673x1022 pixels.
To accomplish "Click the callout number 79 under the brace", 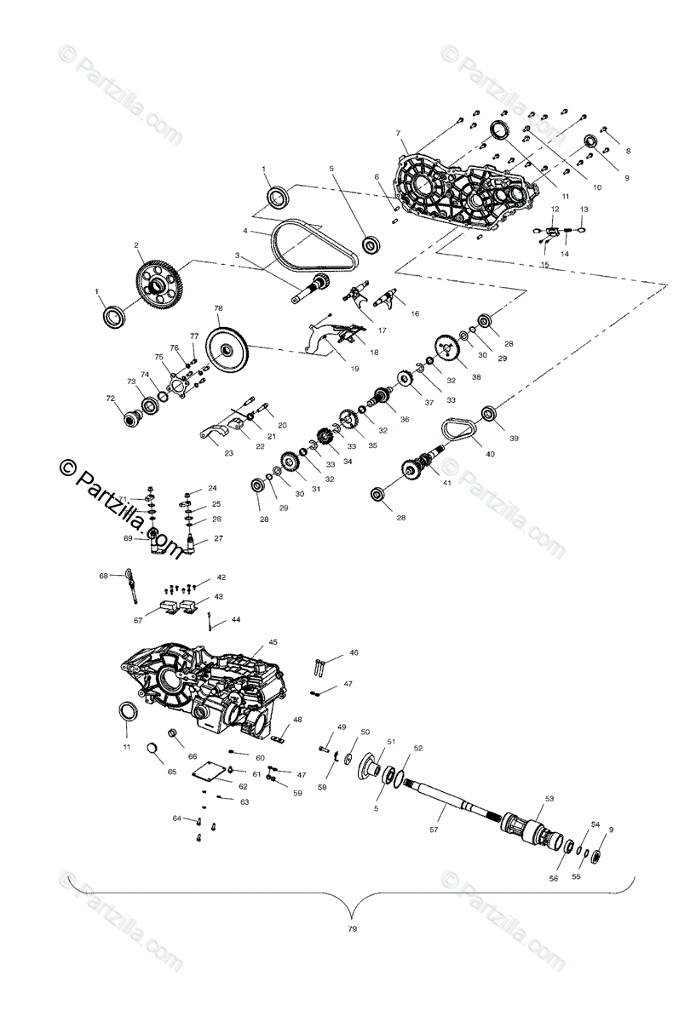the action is tap(352, 928).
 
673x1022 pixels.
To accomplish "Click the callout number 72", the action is tap(109, 398).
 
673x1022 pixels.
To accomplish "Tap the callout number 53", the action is tap(549, 799).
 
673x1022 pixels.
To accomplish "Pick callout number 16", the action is tap(415, 313).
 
